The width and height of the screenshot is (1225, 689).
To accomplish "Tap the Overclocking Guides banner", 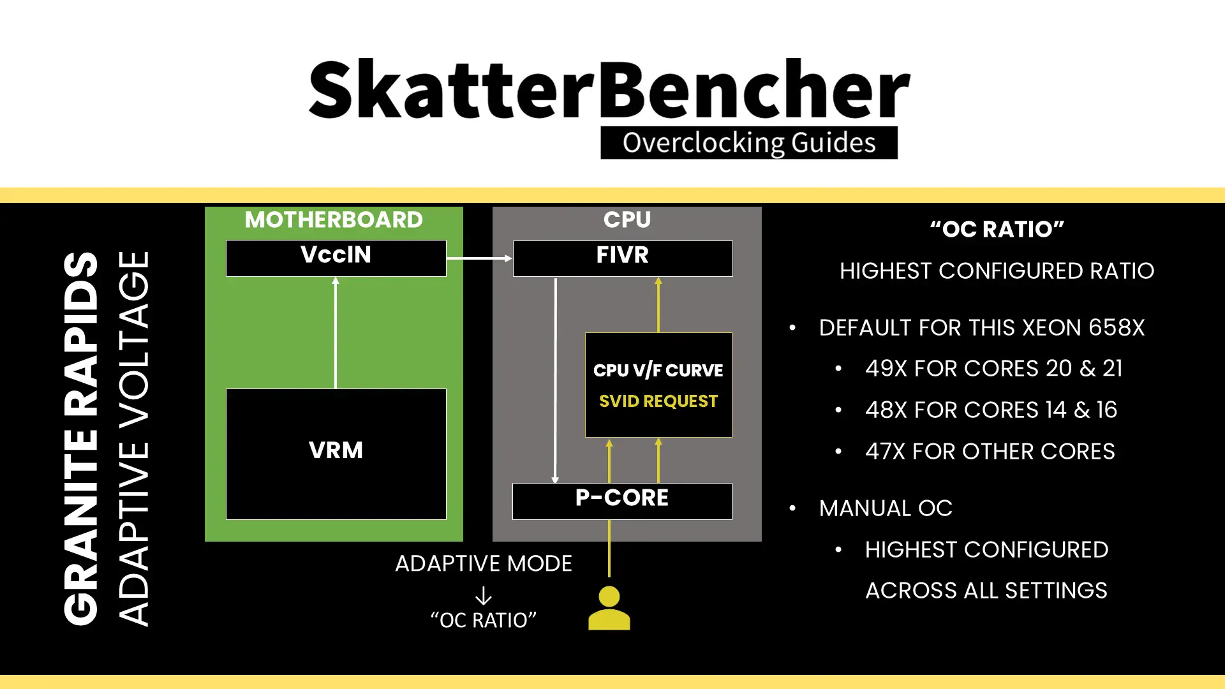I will pyautogui.click(x=748, y=143).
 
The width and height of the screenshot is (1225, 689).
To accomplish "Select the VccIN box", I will pyautogui.click(x=336, y=258).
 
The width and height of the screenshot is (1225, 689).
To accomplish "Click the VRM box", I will pyautogui.click(x=336, y=454).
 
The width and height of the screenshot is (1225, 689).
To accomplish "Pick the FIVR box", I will pyautogui.click(x=622, y=258).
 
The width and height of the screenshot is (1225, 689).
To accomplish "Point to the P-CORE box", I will pyautogui.click(x=622, y=500).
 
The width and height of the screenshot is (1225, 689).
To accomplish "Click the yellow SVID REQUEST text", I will pyautogui.click(x=658, y=401).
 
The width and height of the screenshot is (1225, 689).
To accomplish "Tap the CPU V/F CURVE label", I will pyautogui.click(x=658, y=371).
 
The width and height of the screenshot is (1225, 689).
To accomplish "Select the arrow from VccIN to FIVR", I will pyautogui.click(x=479, y=258).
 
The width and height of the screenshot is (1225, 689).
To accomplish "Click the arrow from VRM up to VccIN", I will pyautogui.click(x=336, y=332).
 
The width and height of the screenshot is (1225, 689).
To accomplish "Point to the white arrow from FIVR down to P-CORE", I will pyautogui.click(x=555, y=380).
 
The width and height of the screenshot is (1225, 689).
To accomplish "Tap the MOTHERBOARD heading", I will pyautogui.click(x=334, y=220).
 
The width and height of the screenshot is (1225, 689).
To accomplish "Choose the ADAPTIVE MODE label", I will pyautogui.click(x=483, y=564).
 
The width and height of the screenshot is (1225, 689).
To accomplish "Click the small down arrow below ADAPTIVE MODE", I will pyautogui.click(x=483, y=596).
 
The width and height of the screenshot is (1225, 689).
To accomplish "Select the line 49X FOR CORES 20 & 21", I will pyautogui.click(x=993, y=369).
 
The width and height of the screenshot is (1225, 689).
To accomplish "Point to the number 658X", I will pyautogui.click(x=1117, y=328).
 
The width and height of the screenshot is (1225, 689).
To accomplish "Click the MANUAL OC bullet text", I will pyautogui.click(x=886, y=508).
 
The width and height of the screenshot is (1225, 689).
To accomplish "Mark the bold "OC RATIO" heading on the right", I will pyautogui.click(x=997, y=230).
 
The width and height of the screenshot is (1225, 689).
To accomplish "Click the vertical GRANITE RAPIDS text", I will pyautogui.click(x=81, y=438).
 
